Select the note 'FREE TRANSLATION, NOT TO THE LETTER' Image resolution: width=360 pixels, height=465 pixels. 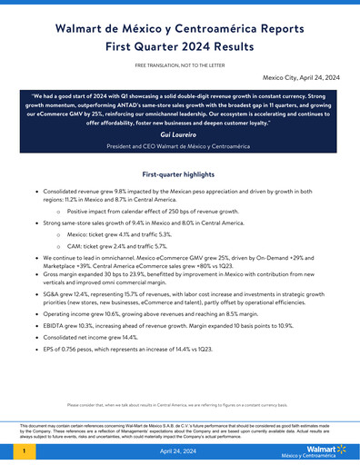point(180,67)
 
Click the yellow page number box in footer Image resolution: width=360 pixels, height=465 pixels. point(23,450)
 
